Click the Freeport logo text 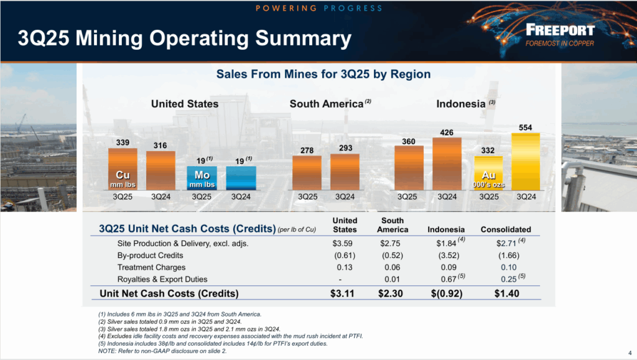click(559, 30)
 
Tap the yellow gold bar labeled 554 click(526, 162)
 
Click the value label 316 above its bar click(160, 145)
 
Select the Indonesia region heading click(460, 104)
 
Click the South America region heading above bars click(326, 104)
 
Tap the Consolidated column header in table click(506, 229)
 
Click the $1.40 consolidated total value click(506, 293)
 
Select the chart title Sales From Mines click(323, 74)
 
